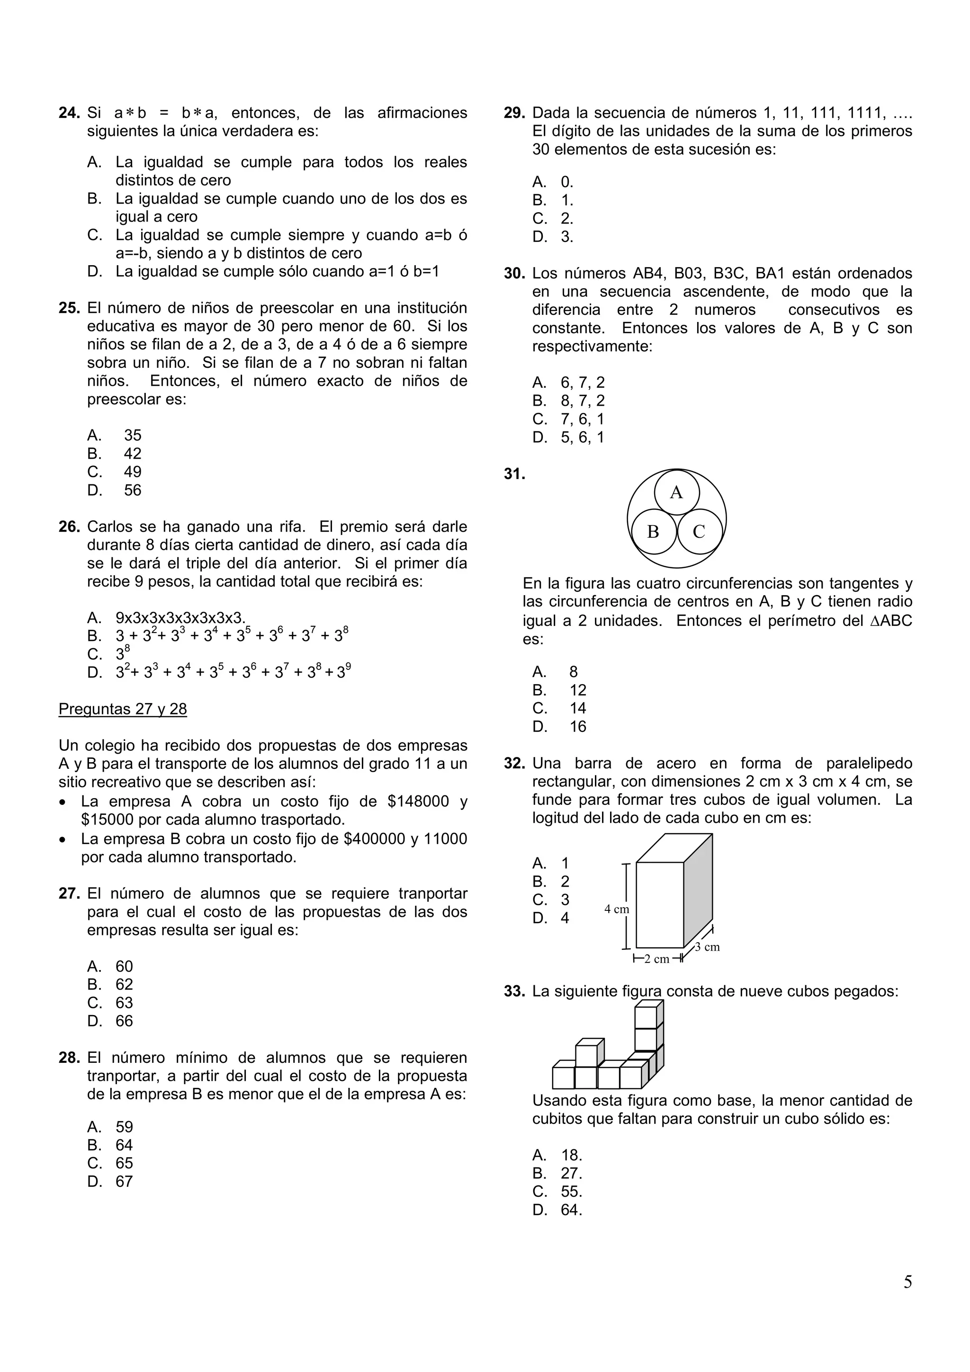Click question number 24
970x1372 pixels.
[x=69, y=113]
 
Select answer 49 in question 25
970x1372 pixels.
[x=132, y=472]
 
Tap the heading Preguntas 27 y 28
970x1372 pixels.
[x=123, y=709]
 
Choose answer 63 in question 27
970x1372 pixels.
[x=124, y=1003]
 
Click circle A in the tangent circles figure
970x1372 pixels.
[x=676, y=492]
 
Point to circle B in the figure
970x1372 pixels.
[x=653, y=531]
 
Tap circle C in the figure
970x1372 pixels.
[x=699, y=531]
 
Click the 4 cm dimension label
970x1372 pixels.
[x=616, y=909]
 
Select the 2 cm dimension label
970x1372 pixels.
[x=656, y=959]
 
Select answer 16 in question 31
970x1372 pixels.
[x=577, y=727]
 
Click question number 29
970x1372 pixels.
[x=514, y=113]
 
